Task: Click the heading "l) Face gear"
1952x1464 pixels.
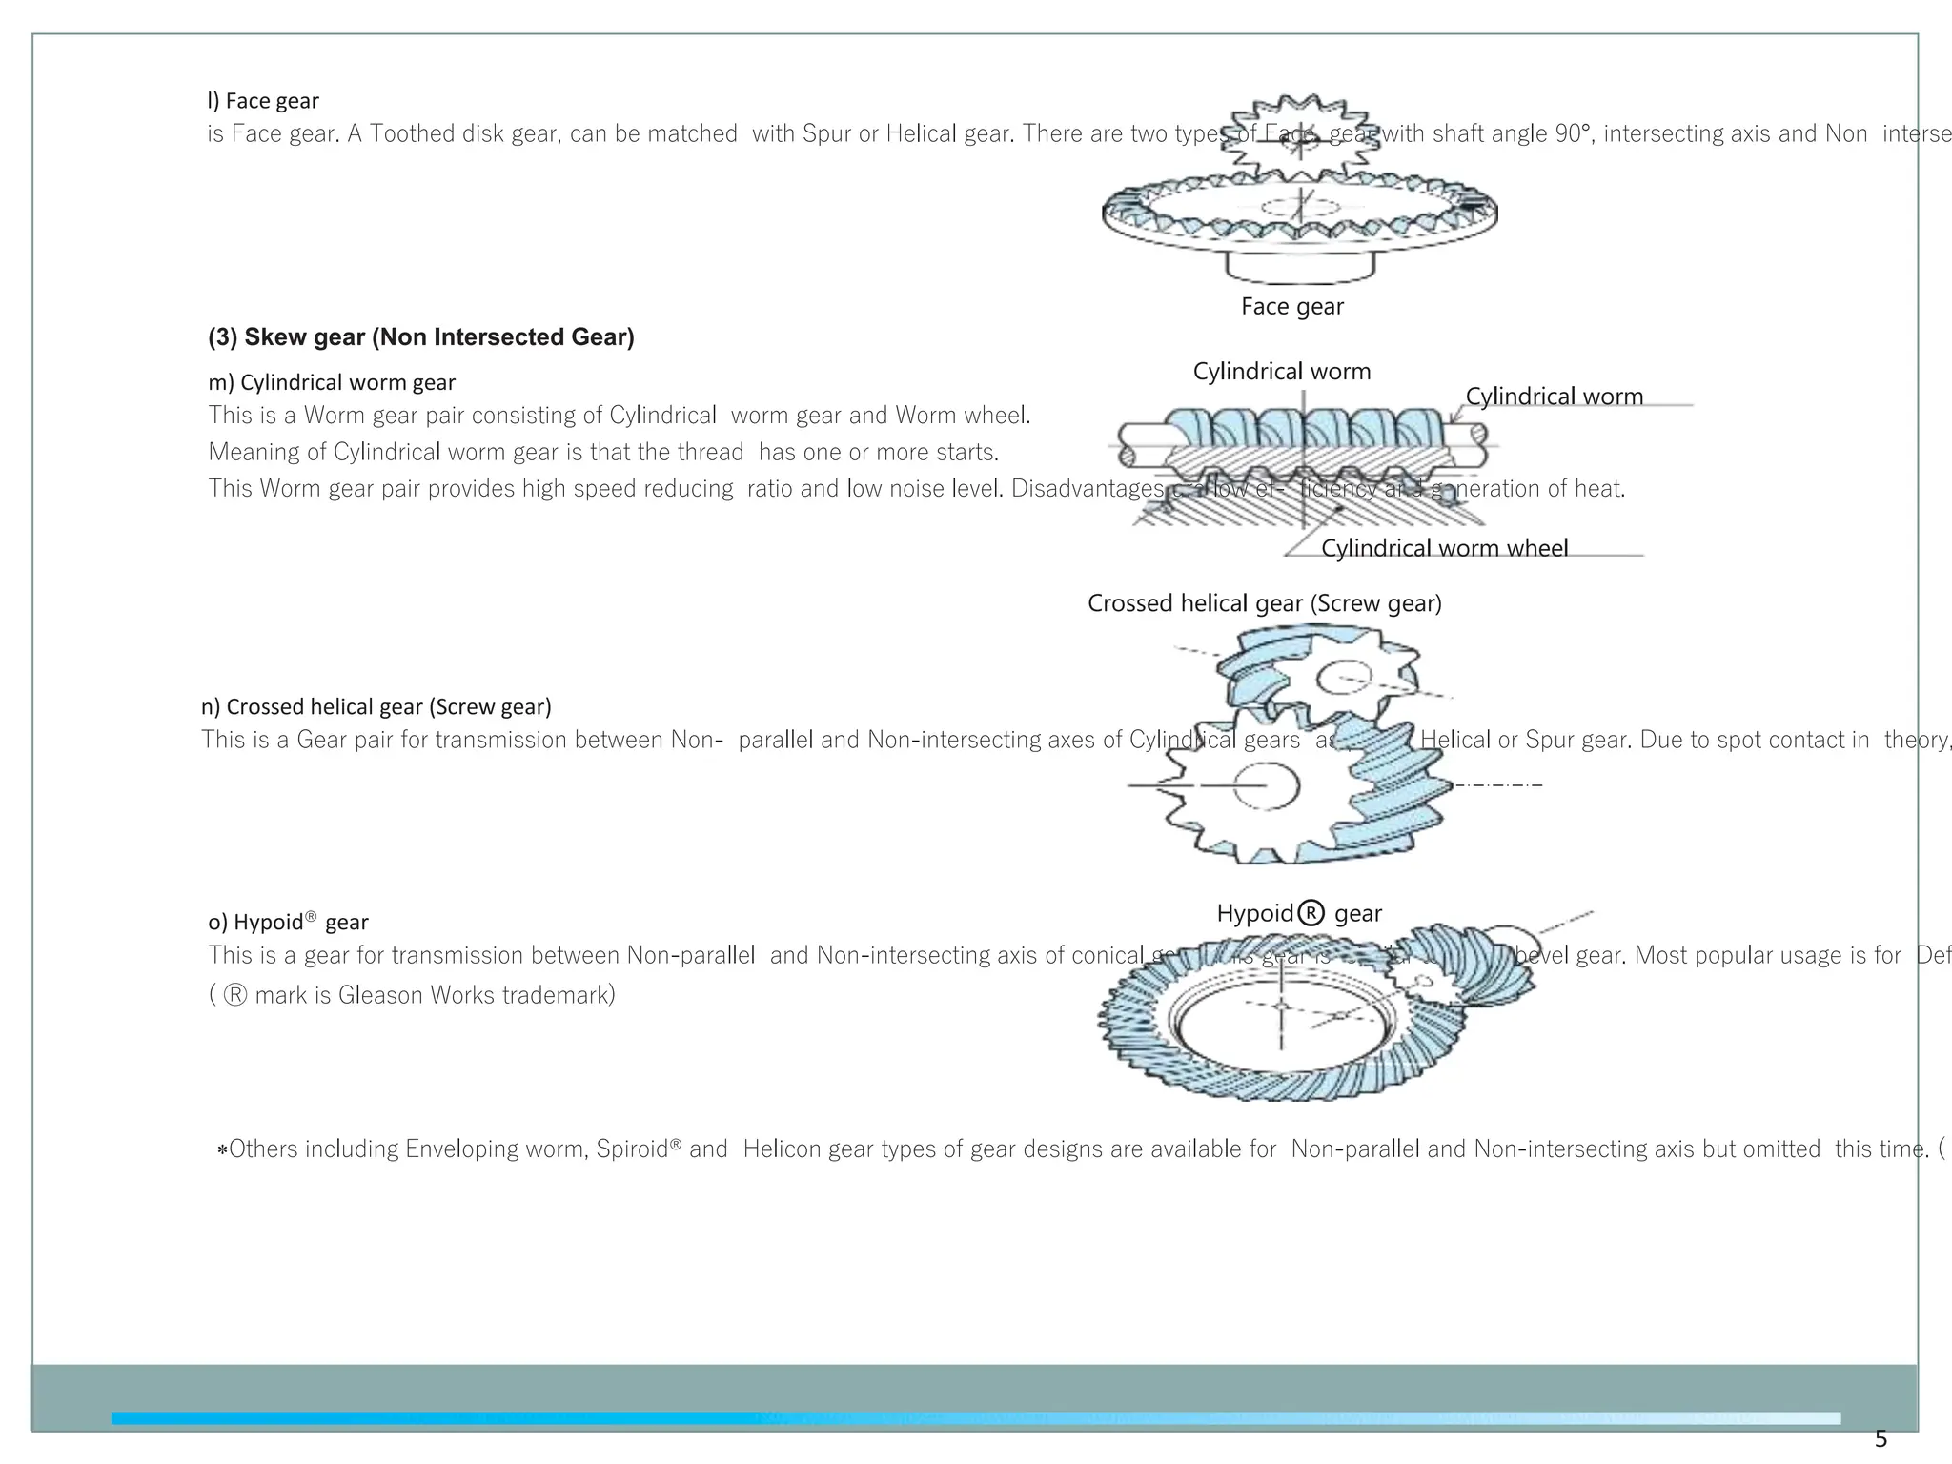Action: tap(263, 101)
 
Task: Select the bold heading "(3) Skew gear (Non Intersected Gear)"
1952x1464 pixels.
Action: tap(420, 337)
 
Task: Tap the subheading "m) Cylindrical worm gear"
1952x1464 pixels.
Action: tap(332, 382)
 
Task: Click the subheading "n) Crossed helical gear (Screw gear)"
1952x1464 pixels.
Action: tap(376, 706)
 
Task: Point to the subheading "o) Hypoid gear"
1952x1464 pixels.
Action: tap(288, 922)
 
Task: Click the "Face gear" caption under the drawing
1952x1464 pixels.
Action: tap(1291, 306)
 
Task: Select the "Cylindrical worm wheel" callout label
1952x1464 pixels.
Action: tap(1444, 548)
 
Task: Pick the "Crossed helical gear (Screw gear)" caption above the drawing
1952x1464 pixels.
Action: tap(1264, 603)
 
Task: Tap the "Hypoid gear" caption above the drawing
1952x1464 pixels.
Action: tap(1298, 913)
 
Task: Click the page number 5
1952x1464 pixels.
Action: tap(1881, 1439)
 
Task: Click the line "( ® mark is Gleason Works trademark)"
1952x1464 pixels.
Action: tap(412, 995)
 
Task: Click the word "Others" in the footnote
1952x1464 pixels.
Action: tap(263, 1149)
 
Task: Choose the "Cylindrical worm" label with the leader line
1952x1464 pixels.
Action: tap(1554, 396)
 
